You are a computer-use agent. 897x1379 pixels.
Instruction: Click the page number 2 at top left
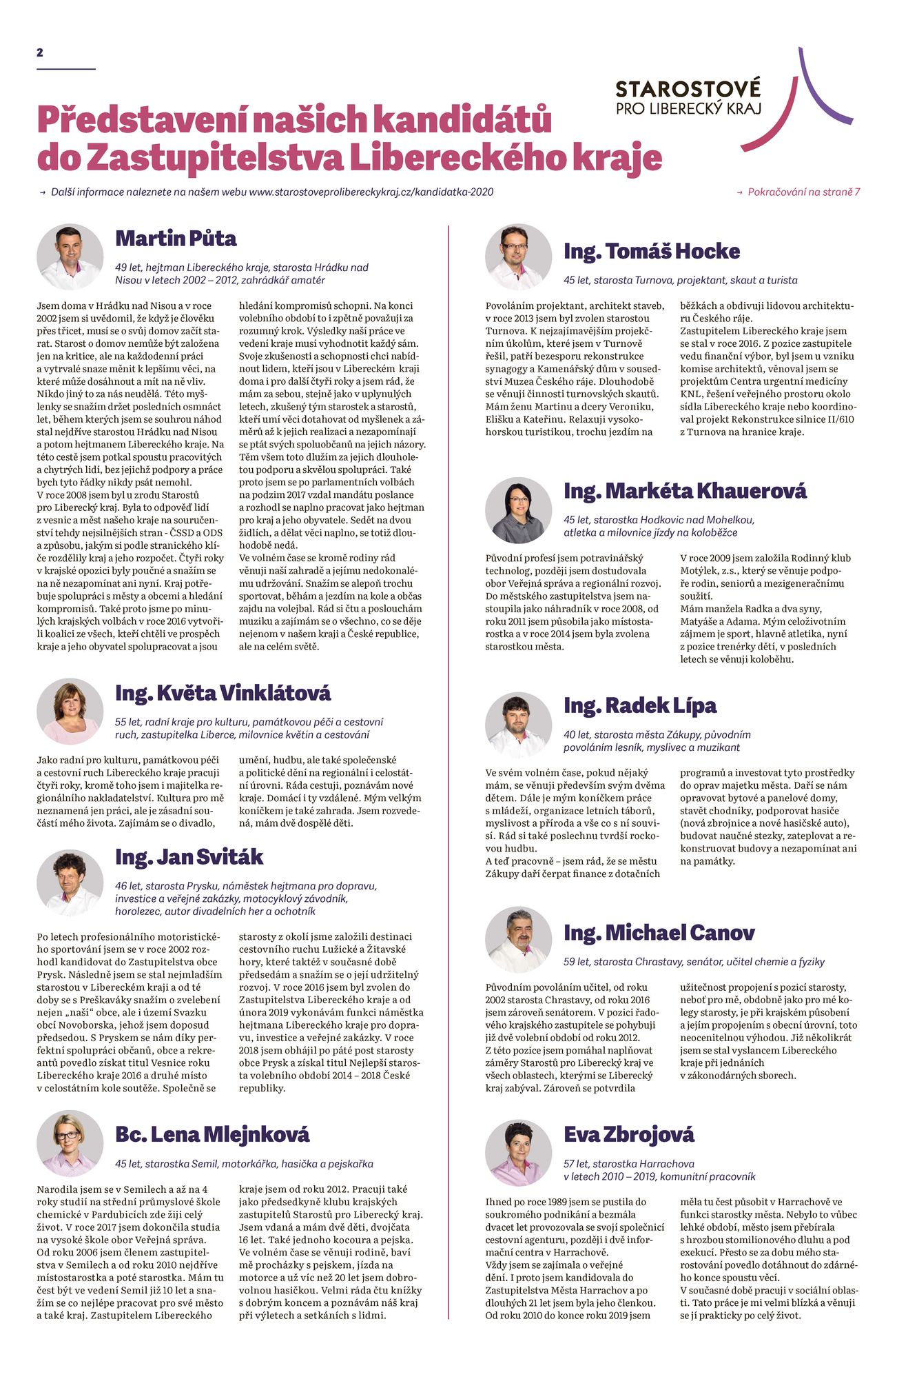point(40,52)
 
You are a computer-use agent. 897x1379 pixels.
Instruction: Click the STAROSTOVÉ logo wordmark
point(688,90)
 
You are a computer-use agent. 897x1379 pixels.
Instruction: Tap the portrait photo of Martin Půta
point(70,256)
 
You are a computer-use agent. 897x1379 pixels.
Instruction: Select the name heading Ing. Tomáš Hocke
point(652,252)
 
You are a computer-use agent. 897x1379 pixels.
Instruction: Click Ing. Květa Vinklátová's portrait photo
point(70,711)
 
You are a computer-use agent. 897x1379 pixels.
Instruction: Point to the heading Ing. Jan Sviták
point(189,857)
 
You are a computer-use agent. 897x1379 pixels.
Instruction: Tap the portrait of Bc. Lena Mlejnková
point(70,1143)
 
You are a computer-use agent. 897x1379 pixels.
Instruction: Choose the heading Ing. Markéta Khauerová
point(685,491)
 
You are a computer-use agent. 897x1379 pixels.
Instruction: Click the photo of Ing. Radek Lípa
point(518,725)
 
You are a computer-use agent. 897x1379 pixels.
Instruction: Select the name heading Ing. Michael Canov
point(659,933)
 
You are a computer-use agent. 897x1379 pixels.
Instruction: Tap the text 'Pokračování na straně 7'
point(803,192)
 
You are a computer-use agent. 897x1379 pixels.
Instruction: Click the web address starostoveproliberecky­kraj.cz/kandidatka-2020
point(371,192)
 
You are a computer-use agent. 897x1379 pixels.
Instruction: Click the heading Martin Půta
point(176,239)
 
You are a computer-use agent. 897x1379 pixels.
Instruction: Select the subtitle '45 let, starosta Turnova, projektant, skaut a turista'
point(680,280)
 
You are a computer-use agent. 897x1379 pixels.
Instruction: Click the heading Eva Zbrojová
point(629,1134)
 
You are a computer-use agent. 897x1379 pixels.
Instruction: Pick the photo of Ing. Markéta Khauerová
point(518,510)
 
